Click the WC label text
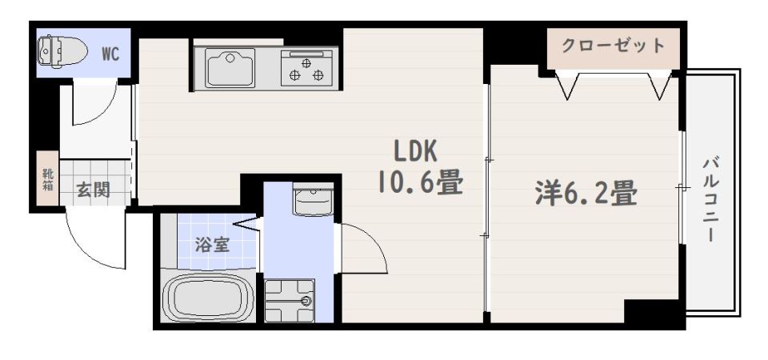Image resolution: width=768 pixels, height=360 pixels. coord(110,54)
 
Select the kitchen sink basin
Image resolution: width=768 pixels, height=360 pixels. coord(230,67)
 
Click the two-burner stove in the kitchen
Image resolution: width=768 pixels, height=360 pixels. coord(306,68)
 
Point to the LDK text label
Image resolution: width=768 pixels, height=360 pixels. coord(414,151)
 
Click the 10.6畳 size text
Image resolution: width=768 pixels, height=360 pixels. coord(421,184)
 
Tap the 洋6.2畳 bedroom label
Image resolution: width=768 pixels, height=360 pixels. coord(586,193)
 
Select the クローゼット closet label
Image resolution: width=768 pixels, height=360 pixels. coord(613,45)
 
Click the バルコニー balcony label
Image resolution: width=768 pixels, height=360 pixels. coord(710,200)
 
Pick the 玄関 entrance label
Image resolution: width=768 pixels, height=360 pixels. coord(93,190)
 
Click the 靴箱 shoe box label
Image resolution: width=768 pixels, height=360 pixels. coord(47,181)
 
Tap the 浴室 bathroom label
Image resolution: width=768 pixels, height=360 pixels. coord(213,244)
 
